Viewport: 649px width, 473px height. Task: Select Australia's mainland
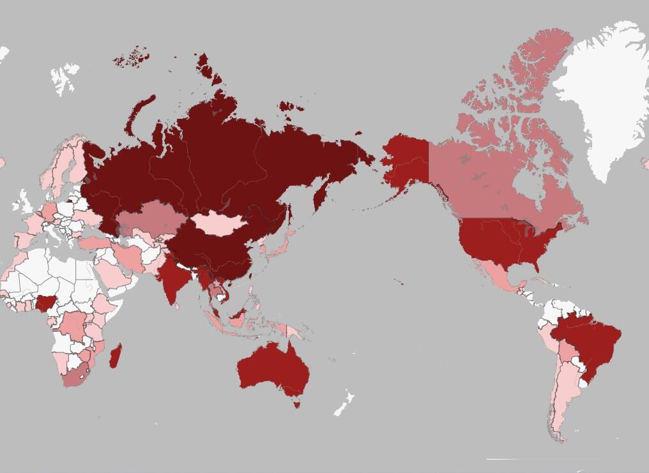(271, 370)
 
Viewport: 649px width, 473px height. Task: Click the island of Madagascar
(116, 356)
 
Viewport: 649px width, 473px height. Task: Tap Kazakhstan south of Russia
(150, 217)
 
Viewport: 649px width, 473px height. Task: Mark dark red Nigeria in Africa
(47, 303)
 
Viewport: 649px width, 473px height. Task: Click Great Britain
(24, 203)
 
